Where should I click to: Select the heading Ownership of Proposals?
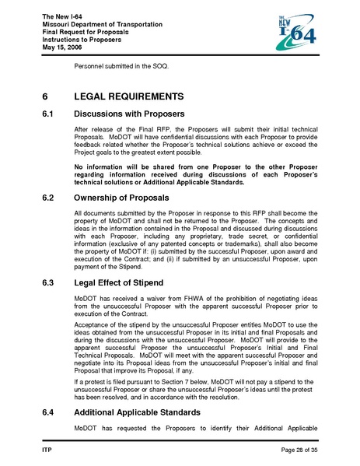(x=121, y=198)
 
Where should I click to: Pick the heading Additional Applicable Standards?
(x=137, y=412)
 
